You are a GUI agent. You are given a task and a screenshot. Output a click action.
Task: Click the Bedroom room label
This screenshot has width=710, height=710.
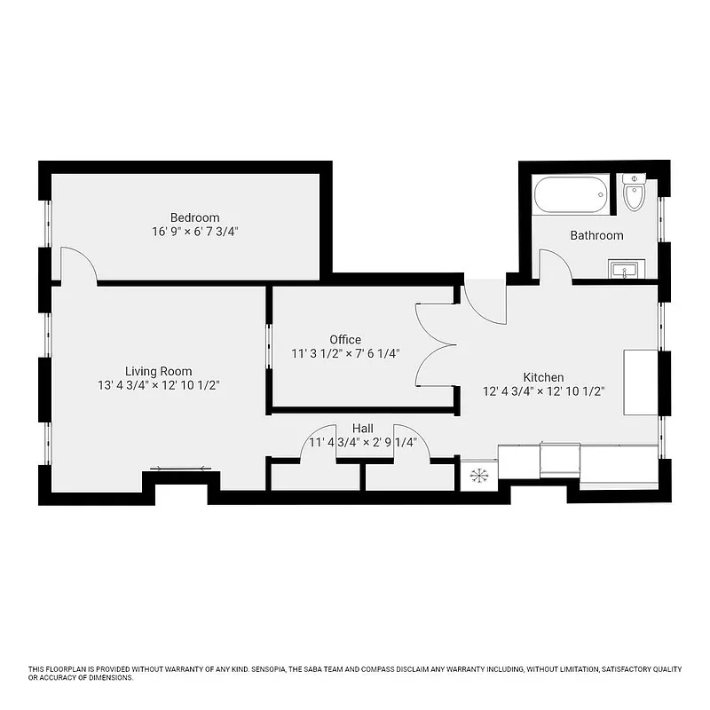(194, 217)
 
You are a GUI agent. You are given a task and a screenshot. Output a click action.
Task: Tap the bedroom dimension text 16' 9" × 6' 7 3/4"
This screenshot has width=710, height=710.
(194, 231)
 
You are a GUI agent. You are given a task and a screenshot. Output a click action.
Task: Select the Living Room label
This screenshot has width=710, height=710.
(158, 371)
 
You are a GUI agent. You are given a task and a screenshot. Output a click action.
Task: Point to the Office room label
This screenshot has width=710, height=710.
(345, 339)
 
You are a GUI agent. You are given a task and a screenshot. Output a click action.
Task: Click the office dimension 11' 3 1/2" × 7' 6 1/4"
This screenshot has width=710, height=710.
(345, 352)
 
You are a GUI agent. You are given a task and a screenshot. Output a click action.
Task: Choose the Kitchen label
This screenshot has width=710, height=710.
(542, 377)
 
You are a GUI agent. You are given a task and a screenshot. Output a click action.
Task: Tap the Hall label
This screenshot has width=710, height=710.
(362, 428)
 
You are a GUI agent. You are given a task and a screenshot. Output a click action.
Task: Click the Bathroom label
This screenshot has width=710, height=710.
(596, 235)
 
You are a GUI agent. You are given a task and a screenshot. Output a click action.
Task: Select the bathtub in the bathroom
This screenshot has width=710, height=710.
(571, 193)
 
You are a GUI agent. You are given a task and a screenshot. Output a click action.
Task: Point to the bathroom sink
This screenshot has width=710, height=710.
(627, 270)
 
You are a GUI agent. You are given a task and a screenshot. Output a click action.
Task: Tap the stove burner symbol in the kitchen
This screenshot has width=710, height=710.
(478, 476)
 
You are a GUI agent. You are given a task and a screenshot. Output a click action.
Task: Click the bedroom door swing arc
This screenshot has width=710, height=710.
(77, 264)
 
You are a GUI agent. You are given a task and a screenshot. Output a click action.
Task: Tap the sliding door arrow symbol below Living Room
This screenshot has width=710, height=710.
(180, 469)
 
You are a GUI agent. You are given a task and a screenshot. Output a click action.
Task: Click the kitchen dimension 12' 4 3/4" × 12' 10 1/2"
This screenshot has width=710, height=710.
(542, 390)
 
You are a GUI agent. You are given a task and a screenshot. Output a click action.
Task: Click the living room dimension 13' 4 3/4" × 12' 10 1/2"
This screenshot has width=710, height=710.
(158, 385)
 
